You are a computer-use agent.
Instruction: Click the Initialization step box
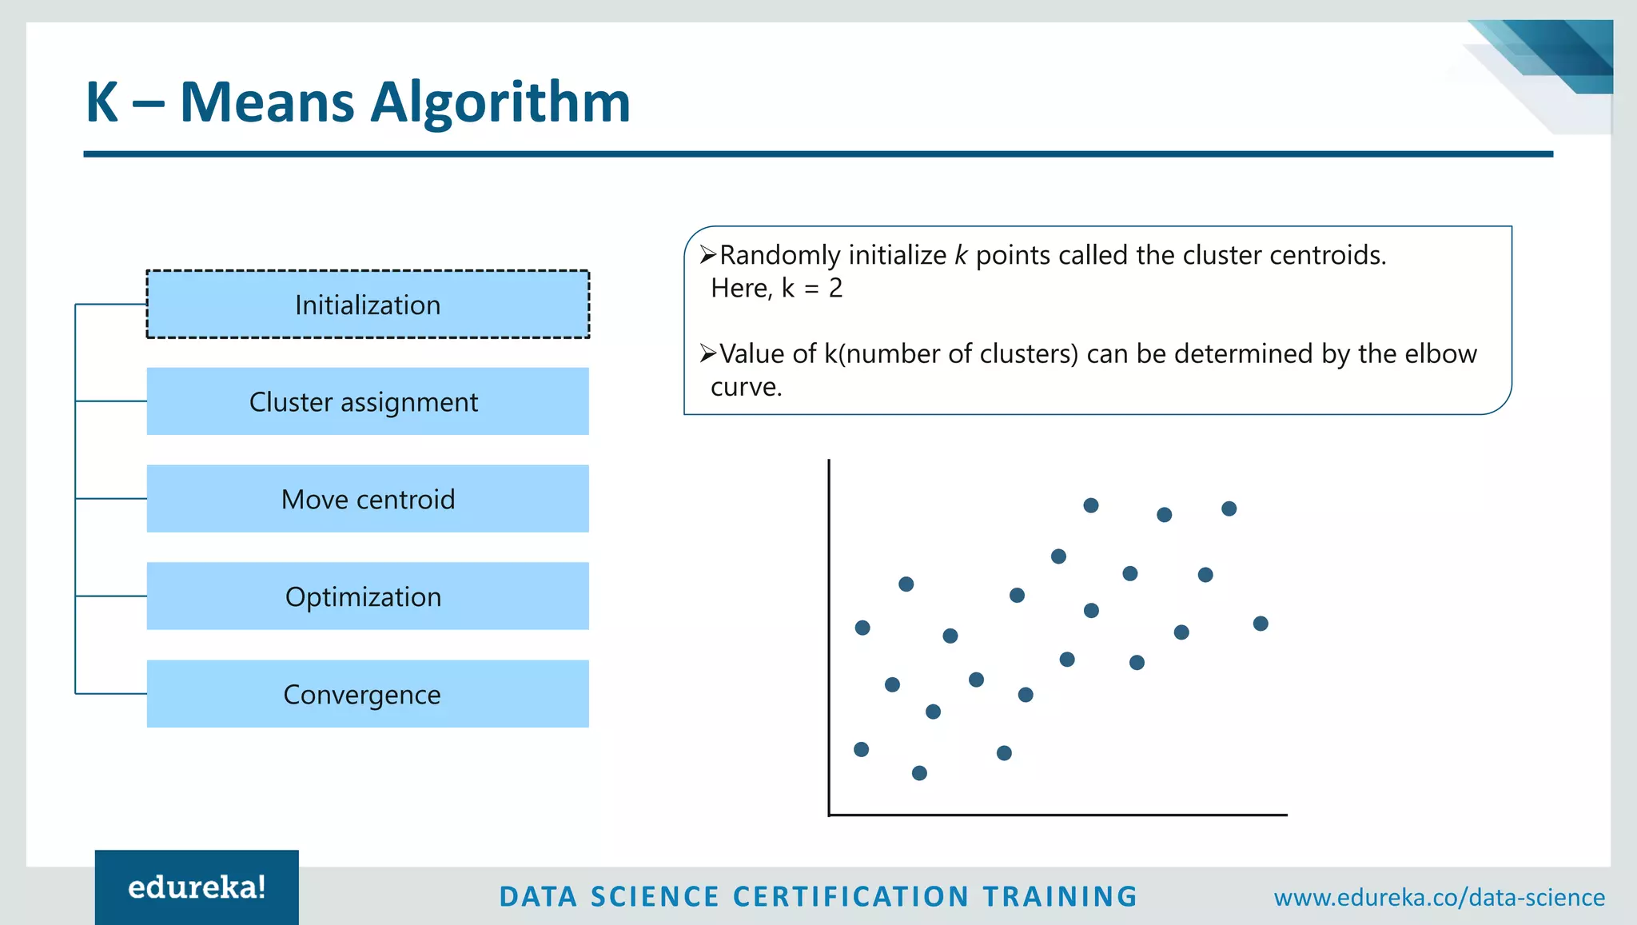[x=368, y=305]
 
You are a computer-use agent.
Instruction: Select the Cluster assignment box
[x=368, y=401]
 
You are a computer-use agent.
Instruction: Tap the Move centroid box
[x=368, y=499]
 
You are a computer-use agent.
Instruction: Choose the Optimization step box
[x=368, y=596]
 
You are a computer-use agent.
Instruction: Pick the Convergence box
[x=368, y=694]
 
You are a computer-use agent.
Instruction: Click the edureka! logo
[x=197, y=887]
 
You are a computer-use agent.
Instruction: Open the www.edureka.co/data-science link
[x=1439, y=897]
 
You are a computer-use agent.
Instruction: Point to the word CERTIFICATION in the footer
[x=850, y=897]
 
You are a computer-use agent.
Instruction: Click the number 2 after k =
[x=835, y=289]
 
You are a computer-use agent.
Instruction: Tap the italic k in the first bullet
[x=961, y=256]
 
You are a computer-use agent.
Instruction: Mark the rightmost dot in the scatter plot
[x=1261, y=624]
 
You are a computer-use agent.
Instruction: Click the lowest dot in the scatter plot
[x=919, y=773]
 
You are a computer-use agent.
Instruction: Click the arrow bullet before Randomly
[x=707, y=255]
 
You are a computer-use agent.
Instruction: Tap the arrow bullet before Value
[x=707, y=353]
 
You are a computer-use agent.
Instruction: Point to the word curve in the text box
[x=745, y=387]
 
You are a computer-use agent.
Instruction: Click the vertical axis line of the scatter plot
[x=829, y=640]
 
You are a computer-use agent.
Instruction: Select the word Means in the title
[x=267, y=104]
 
